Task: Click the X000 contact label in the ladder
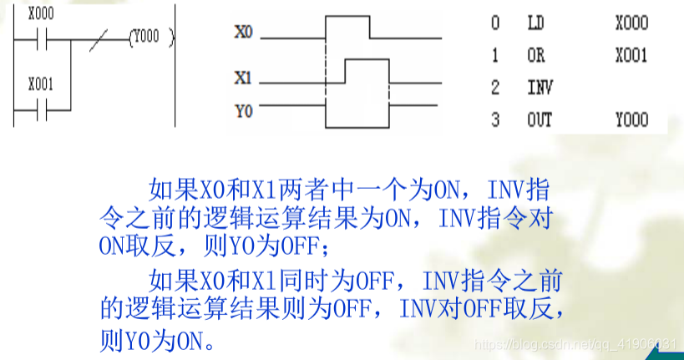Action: coord(42,15)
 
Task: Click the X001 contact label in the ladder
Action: coord(42,84)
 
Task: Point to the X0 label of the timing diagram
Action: coord(243,33)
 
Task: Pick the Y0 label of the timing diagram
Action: coord(243,110)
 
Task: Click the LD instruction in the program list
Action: coord(535,23)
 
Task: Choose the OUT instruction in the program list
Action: coord(540,120)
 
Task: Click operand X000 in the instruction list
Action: coord(631,23)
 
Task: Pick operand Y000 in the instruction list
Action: coord(631,120)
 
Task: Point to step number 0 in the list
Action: coord(495,23)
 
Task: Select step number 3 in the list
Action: coord(495,120)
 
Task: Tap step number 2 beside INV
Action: coord(495,88)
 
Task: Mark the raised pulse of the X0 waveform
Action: coord(347,17)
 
